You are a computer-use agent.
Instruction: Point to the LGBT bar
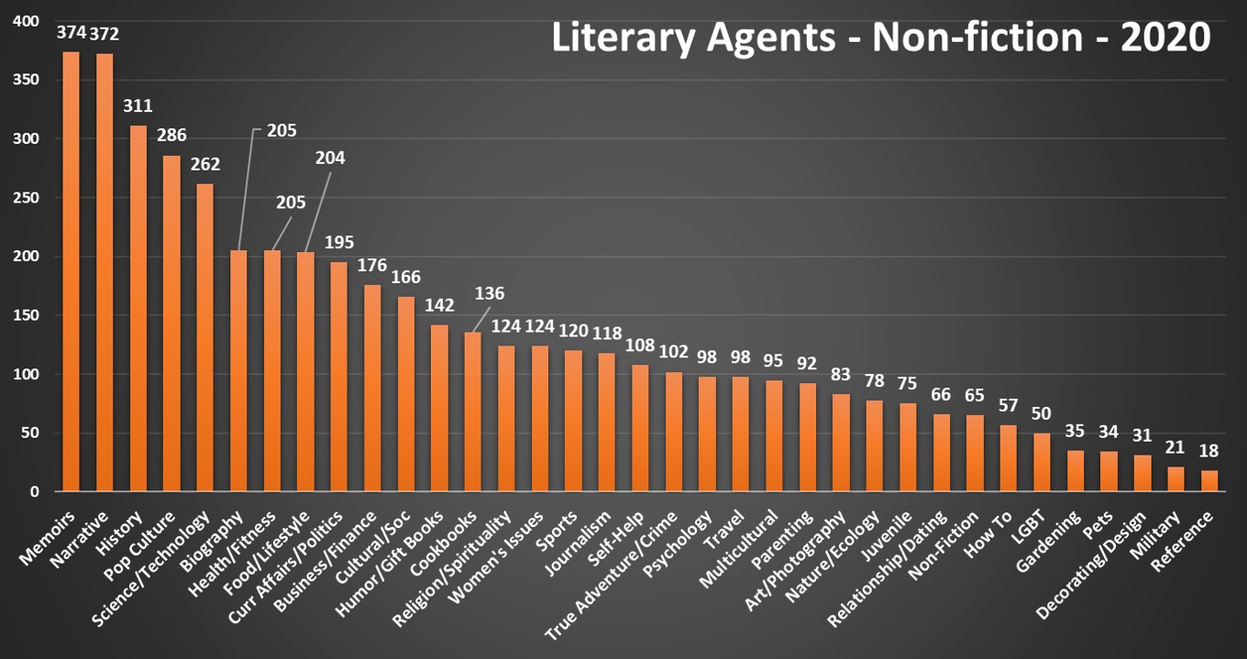coord(1043,462)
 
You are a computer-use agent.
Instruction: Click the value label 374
coord(71,33)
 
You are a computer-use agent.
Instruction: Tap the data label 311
coord(138,107)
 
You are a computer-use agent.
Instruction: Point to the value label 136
coord(490,294)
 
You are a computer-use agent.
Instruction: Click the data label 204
coord(329,158)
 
